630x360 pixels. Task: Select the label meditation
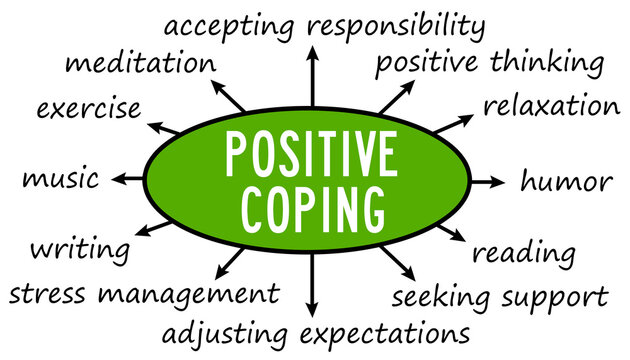point(139,64)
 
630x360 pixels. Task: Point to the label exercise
point(88,108)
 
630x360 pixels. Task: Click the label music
point(60,181)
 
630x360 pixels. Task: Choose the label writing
point(79,248)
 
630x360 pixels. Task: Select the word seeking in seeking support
point(441,297)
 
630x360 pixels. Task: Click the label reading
point(523,253)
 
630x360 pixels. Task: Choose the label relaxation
point(551,105)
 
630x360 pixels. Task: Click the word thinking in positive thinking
point(550,63)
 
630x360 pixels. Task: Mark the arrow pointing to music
point(128,180)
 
